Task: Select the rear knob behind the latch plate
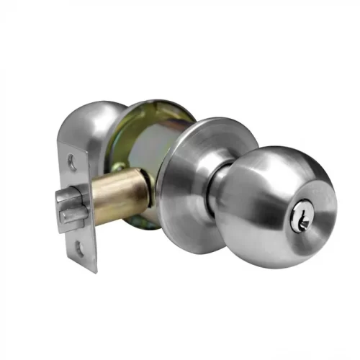[x=90, y=130]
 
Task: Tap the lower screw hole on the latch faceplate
[x=78, y=249]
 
